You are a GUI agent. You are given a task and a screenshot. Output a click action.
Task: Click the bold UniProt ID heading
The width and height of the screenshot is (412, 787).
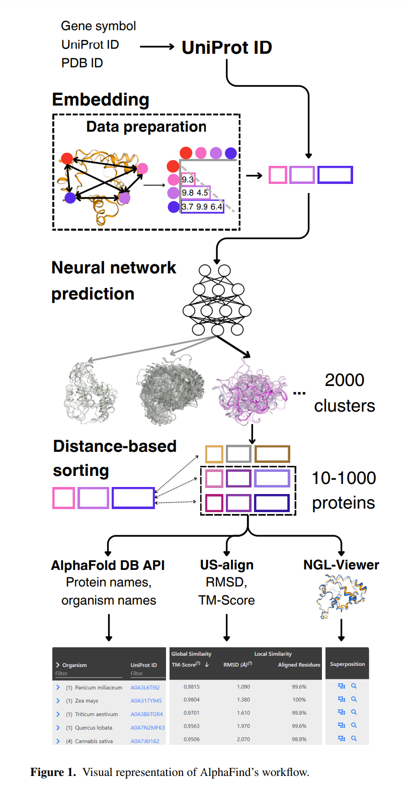point(226,47)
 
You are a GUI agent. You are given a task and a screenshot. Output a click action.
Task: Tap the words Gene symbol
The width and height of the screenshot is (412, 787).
point(98,26)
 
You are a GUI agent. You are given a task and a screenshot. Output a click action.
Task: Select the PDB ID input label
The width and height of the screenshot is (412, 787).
point(82,63)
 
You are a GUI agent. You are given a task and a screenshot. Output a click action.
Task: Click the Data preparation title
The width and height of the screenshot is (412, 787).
point(146,127)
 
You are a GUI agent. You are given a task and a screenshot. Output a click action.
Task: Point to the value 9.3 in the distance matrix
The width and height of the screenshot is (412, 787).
point(188,179)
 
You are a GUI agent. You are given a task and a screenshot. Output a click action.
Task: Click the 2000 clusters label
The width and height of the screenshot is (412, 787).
point(344,392)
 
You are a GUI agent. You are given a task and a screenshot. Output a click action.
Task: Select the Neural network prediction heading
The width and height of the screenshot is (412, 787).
point(114,280)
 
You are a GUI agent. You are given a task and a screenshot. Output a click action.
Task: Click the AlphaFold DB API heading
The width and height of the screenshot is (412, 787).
point(108,565)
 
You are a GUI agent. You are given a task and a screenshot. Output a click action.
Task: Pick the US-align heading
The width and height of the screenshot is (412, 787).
point(226,565)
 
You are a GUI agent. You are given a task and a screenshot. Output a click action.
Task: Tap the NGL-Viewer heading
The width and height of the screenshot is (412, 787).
point(341,565)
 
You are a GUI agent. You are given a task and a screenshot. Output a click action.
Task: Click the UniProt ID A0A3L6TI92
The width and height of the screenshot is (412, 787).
point(145,687)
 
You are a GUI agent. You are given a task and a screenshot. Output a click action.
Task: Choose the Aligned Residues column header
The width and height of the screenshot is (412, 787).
point(299,665)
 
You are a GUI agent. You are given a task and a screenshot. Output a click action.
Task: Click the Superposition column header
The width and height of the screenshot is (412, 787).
point(347,664)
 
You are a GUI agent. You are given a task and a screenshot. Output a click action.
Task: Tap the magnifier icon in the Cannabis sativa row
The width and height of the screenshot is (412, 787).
point(354,738)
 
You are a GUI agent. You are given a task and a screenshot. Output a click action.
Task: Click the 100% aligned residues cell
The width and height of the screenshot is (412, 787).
point(299,700)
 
